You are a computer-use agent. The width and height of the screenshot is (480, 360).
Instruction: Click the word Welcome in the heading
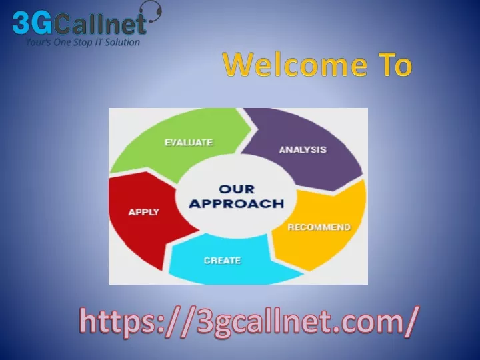[x=295, y=64]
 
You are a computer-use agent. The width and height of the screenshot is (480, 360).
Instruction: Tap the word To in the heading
[x=395, y=64]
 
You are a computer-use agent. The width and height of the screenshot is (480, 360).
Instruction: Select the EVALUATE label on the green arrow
[x=189, y=143]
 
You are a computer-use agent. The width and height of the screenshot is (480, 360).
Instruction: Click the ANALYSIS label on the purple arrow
[x=303, y=150]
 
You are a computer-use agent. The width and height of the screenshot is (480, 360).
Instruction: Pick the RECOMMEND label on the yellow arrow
[x=319, y=227]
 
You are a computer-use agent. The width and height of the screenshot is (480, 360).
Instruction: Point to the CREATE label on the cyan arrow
[x=223, y=261]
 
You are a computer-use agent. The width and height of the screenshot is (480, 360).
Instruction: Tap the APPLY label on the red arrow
[x=144, y=212]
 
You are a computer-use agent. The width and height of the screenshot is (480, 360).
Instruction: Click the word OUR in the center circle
[x=237, y=189]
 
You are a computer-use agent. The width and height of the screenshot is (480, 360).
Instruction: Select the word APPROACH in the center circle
[x=237, y=203]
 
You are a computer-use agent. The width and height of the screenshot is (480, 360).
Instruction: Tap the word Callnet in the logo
[x=101, y=23]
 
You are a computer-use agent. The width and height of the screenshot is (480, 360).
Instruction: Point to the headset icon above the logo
[x=153, y=11]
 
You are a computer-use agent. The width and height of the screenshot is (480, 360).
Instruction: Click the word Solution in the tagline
[x=123, y=42]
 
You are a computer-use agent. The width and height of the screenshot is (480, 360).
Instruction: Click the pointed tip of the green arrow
[x=251, y=129]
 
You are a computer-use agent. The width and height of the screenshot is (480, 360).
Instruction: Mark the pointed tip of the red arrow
[x=199, y=230]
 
